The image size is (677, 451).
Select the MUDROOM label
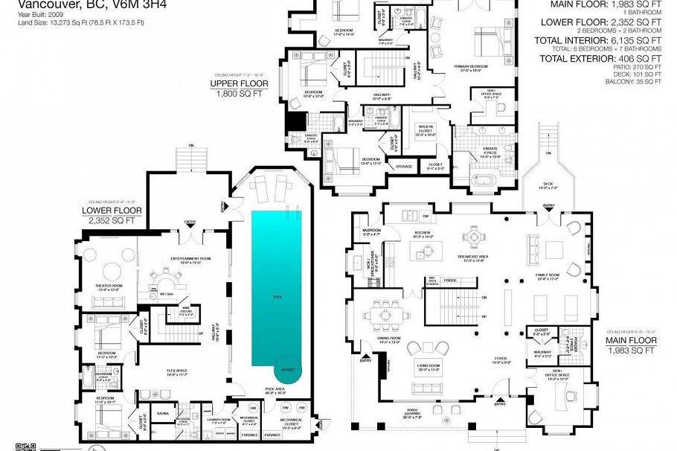click(x=370, y=231)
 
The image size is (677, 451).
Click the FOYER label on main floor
click(x=500, y=358)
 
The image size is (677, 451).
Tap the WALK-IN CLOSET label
click(x=426, y=131)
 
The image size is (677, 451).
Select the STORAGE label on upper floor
click(x=404, y=167)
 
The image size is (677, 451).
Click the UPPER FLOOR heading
click(x=234, y=84)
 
